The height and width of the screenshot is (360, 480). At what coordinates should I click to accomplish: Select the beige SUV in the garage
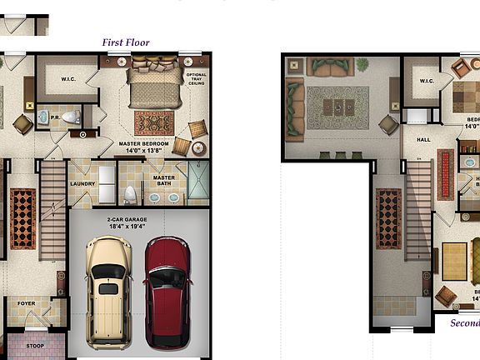tap(109, 292)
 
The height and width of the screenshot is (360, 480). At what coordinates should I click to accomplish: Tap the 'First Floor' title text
tap(126, 42)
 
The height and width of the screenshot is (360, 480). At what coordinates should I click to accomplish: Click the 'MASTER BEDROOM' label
tap(144, 144)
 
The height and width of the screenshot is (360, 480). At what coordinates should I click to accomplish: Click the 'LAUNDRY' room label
tap(82, 184)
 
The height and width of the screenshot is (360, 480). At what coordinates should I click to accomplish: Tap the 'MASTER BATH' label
tap(163, 180)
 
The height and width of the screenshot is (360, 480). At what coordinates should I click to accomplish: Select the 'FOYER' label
tap(27, 303)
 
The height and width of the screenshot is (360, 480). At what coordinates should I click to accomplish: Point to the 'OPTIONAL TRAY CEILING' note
tap(197, 79)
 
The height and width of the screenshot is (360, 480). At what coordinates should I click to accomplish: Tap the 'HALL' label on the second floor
tap(423, 140)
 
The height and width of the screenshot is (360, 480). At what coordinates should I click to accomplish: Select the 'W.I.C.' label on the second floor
tap(427, 81)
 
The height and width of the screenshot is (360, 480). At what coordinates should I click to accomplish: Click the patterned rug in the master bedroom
tap(154, 123)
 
